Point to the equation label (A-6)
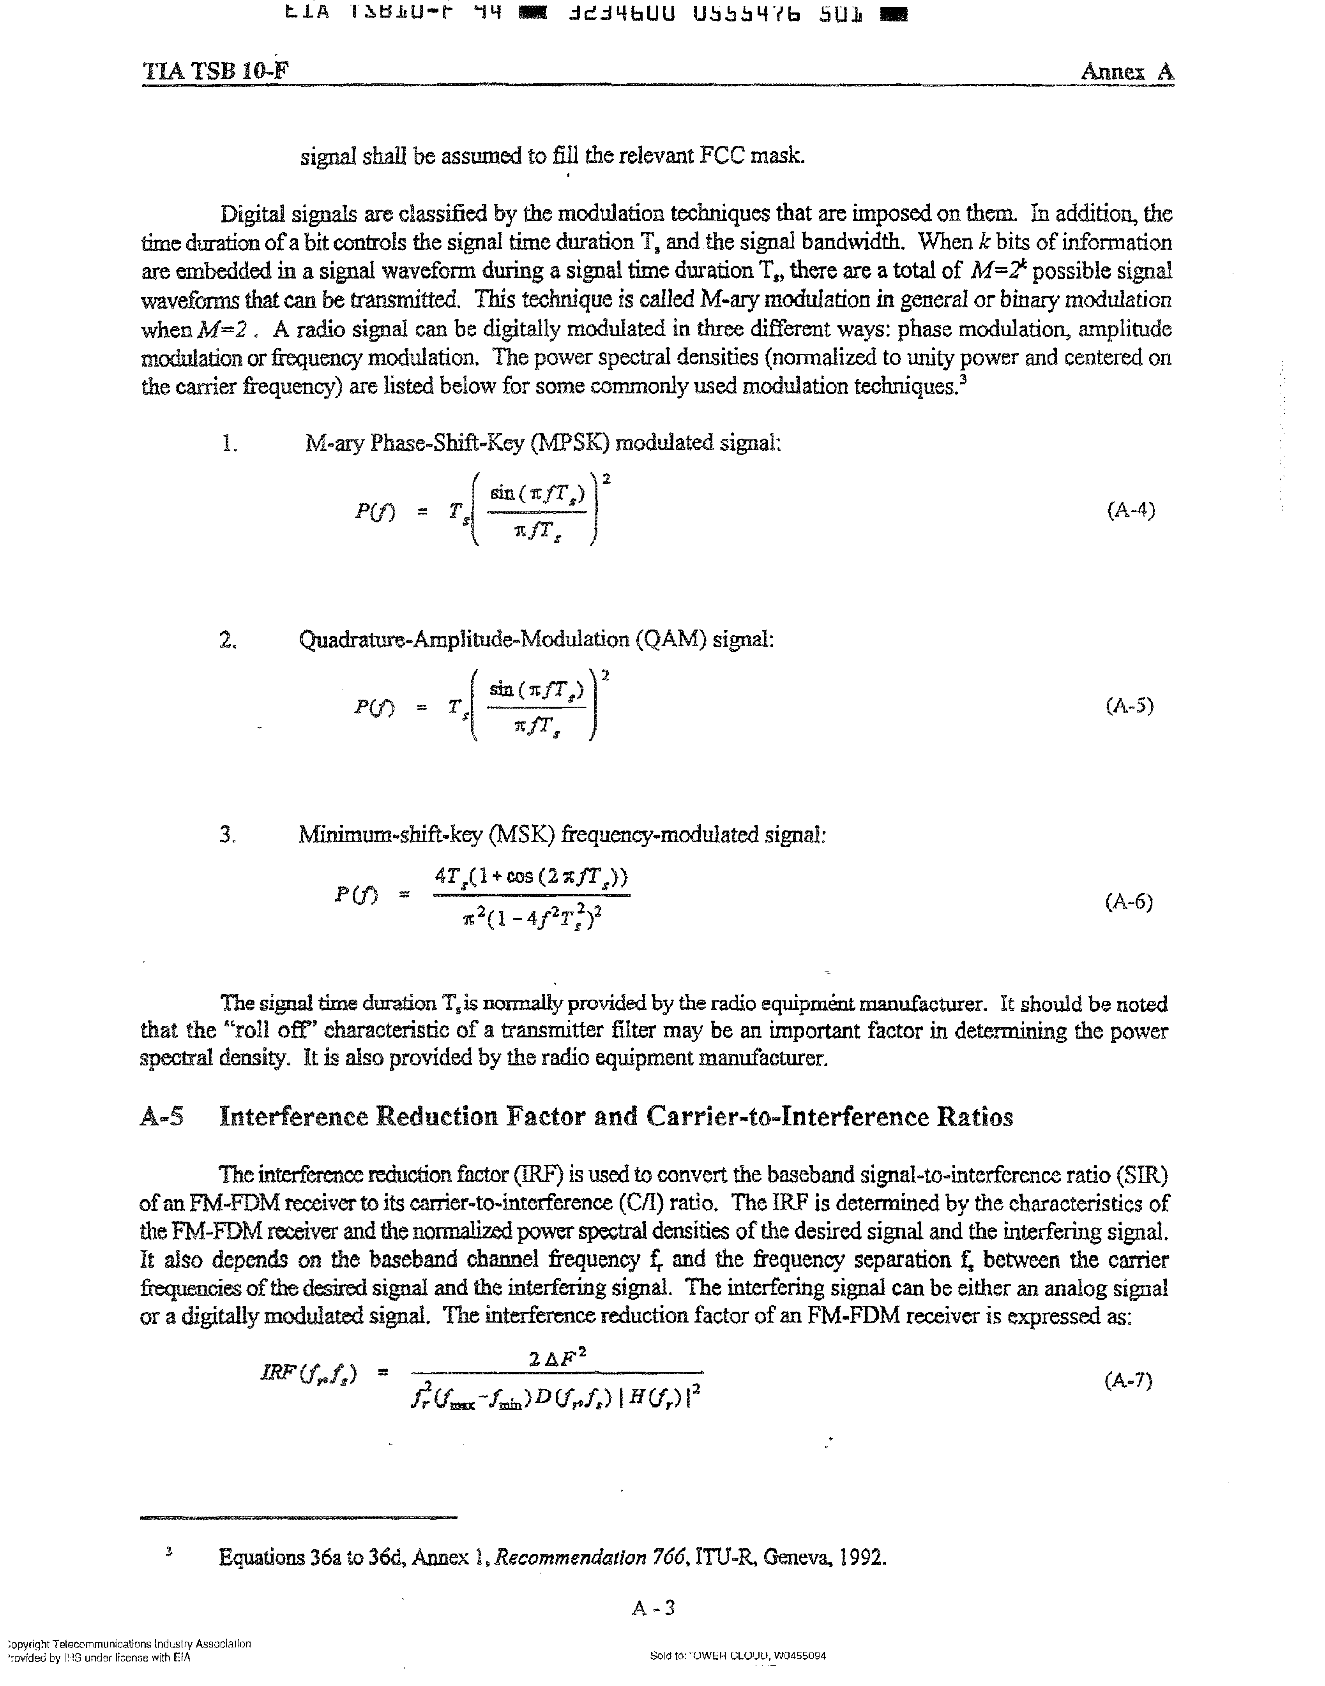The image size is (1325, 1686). click(1129, 902)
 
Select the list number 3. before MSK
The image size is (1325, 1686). click(227, 835)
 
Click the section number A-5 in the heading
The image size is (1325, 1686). click(162, 1118)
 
